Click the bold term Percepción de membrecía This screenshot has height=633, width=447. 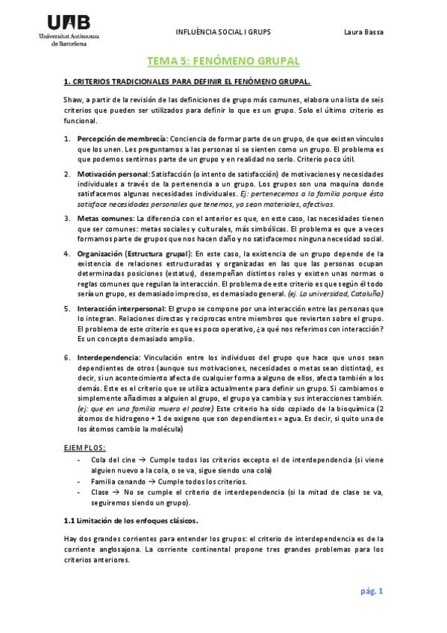122,138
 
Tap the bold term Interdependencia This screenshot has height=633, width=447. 108,358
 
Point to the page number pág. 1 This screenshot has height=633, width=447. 370,592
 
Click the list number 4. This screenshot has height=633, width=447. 66,254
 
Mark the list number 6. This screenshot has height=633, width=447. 66,358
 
